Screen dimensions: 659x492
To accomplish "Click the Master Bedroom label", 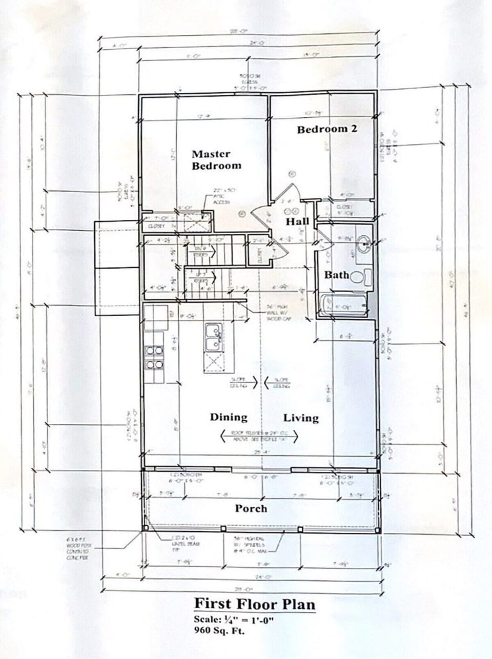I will point(216,159).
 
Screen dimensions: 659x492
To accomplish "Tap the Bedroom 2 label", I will point(326,129).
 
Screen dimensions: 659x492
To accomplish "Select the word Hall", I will point(297,221).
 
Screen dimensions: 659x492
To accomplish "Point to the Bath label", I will point(336,275).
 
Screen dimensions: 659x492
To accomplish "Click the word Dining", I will point(229,417).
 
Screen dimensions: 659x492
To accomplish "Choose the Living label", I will point(301,418).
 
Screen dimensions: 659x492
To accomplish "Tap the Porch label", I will point(251,508).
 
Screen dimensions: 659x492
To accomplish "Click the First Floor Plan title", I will point(254,604).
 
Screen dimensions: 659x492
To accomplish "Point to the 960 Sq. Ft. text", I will point(219,630).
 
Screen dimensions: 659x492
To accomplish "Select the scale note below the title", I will point(234,619).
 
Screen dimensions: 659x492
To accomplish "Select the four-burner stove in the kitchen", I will point(154,358).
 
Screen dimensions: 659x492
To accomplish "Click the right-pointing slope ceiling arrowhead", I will point(254,382).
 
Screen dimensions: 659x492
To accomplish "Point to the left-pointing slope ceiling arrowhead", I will point(267,382).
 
